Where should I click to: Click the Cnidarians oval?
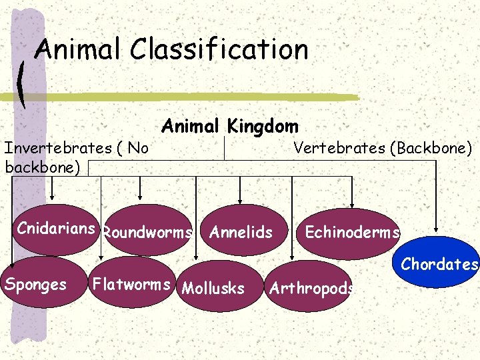[x=56, y=229]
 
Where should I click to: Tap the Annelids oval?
[x=241, y=232]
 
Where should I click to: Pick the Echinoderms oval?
[x=352, y=232]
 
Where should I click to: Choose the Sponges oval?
[x=36, y=285]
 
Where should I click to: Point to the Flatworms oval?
[x=131, y=284]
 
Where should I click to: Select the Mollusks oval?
[x=213, y=288]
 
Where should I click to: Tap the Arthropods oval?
[x=310, y=288]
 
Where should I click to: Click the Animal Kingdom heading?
[x=230, y=125]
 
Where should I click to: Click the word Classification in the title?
[x=219, y=49]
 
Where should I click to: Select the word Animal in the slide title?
[x=79, y=49]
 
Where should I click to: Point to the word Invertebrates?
[x=55, y=147]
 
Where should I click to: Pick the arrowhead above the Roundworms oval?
[x=141, y=196]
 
